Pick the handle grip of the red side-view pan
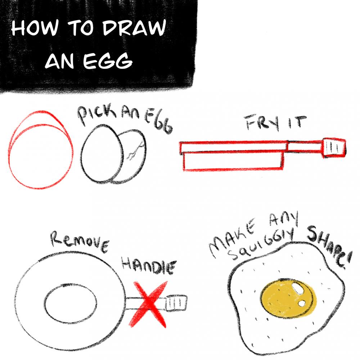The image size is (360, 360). point(334,148)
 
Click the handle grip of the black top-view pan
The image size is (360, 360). point(176,302)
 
